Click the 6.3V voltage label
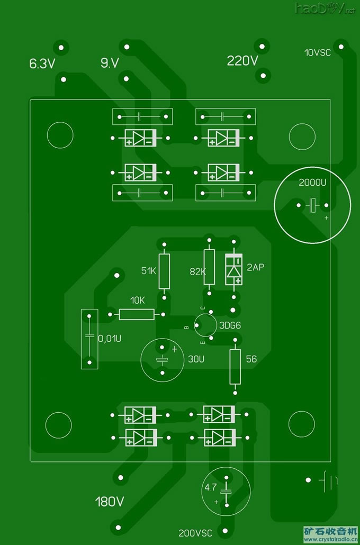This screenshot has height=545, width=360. [42, 65]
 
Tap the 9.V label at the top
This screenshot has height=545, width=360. [110, 63]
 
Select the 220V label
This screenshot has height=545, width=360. [242, 61]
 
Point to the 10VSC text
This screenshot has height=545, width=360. [318, 52]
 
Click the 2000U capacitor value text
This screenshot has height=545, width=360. [312, 183]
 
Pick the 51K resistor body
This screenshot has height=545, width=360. [165, 271]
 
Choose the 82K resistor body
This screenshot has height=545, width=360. [209, 267]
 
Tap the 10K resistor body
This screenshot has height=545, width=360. [137, 315]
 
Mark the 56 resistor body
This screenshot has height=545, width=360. [235, 366]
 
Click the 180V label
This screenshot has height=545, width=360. [110, 501]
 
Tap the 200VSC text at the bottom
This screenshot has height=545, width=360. [195, 533]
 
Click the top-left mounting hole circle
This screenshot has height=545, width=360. [59, 135]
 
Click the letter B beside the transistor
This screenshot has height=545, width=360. [186, 328]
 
